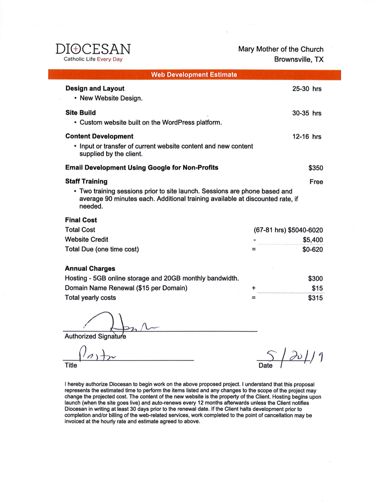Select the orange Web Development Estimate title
tap(194, 75)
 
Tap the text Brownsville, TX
tap(299, 60)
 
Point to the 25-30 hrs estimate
tap(307, 89)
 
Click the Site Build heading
tap(81, 112)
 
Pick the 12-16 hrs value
tap(307, 137)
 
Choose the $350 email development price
tap(316, 168)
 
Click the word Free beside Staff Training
tap(316, 182)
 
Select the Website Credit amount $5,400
tap(313, 240)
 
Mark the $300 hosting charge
tap(315, 278)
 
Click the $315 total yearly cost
tap(315, 298)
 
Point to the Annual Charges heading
tap(90, 268)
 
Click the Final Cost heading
tap(81, 220)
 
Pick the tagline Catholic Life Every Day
tap(92, 60)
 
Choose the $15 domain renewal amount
tap(317, 288)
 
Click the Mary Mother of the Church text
tap(281, 49)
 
